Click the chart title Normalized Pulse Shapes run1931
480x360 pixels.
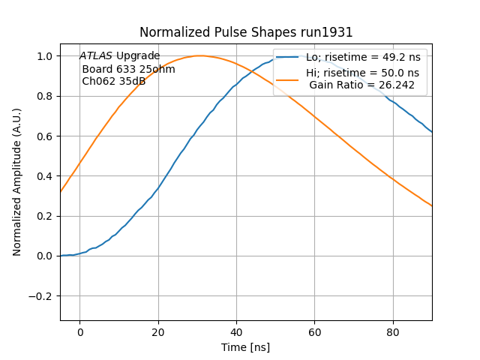pos(246,32)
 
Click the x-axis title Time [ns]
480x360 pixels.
pos(246,347)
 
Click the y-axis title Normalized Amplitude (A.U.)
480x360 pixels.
pos(17,182)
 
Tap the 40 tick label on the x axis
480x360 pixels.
pos(236,332)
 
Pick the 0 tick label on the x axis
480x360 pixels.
pos(79,332)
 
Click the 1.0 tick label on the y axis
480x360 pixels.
pos(44,56)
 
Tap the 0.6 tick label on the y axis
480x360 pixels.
pos(44,136)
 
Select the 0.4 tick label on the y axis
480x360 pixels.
pos(44,176)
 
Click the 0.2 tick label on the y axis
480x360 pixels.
pos(44,216)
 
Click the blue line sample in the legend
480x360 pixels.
pos(289,58)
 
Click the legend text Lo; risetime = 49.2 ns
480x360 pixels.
pos(362,58)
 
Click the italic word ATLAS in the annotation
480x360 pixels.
pos(96,55)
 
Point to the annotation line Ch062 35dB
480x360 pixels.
pos(113,81)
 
